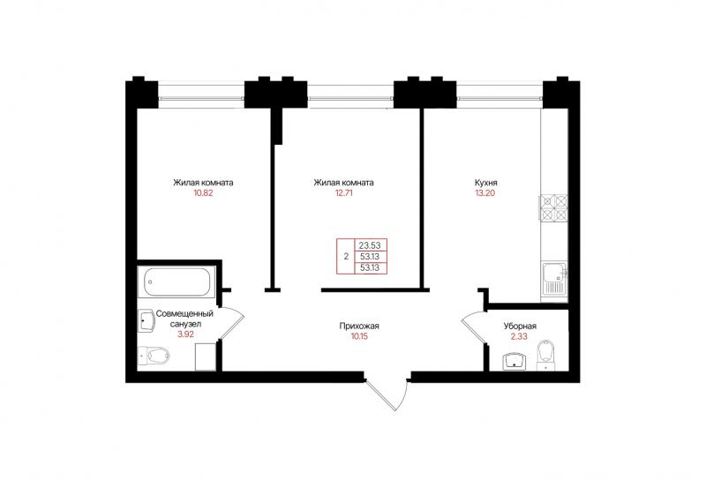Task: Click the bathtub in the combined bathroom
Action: pyautogui.click(x=176, y=282)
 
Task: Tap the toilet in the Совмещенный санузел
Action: pyautogui.click(x=154, y=356)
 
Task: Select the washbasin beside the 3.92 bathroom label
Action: pyautogui.click(x=145, y=320)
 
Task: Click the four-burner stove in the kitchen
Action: pyautogui.click(x=553, y=207)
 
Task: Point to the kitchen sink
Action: pyautogui.click(x=554, y=279)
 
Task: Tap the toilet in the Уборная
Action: pyautogui.click(x=546, y=354)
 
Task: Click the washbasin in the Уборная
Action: pyautogui.click(x=514, y=362)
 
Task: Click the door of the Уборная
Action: pyautogui.click(x=474, y=327)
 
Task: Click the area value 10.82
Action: pyautogui.click(x=203, y=193)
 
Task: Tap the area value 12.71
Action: pyautogui.click(x=343, y=193)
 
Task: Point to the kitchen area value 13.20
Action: pyautogui.click(x=486, y=193)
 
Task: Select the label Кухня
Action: pyautogui.click(x=486, y=183)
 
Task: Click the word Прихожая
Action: pyautogui.click(x=359, y=326)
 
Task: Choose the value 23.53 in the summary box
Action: pyautogui.click(x=370, y=245)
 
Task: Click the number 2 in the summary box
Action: pyautogui.click(x=346, y=257)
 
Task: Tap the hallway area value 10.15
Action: pyautogui.click(x=359, y=336)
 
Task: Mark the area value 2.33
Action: pyautogui.click(x=520, y=336)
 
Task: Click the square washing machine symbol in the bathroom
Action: pyautogui.click(x=207, y=357)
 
